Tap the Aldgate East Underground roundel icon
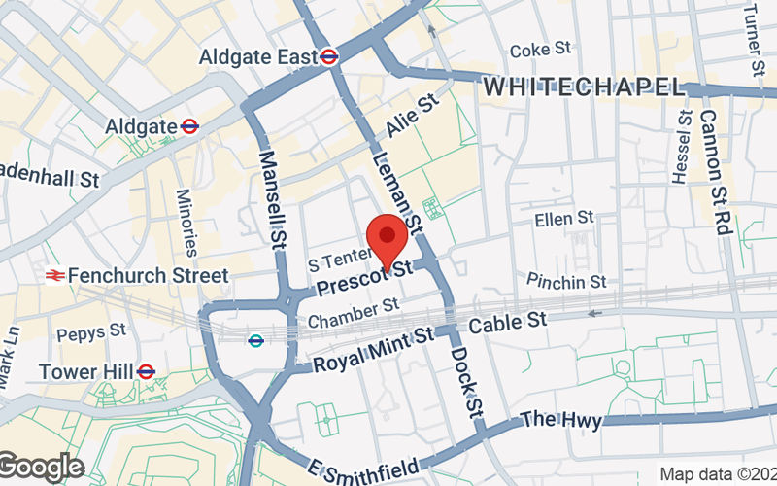pyautogui.click(x=329, y=57)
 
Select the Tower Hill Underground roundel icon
pyautogui.click(x=146, y=371)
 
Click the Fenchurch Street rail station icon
pyautogui.click(x=54, y=276)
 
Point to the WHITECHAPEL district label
pyautogui.click(x=585, y=87)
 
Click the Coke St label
pyautogui.click(x=541, y=49)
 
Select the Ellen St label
pyautogui.click(x=563, y=220)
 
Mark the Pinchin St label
pyautogui.click(x=566, y=281)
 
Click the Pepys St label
pyautogui.click(x=91, y=333)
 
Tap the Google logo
pyautogui.click(x=42, y=468)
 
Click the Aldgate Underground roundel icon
pyautogui.click(x=189, y=125)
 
